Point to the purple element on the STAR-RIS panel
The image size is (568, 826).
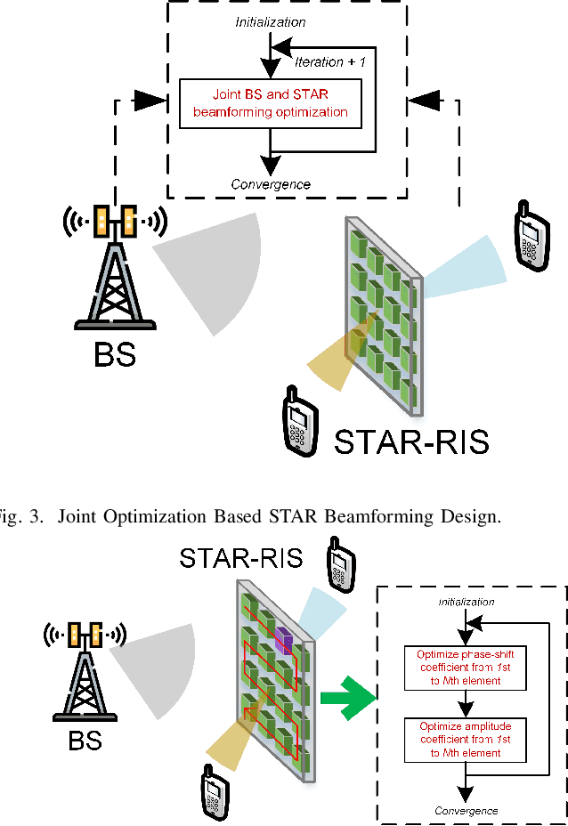[282, 638]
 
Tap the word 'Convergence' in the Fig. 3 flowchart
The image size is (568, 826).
[271, 184]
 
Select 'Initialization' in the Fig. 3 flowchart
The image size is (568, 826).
[271, 21]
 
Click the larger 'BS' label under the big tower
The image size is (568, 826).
[115, 354]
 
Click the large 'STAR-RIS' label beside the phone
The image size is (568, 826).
[411, 441]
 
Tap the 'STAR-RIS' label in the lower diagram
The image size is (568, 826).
[240, 558]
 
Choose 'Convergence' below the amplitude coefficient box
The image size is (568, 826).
[466, 810]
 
